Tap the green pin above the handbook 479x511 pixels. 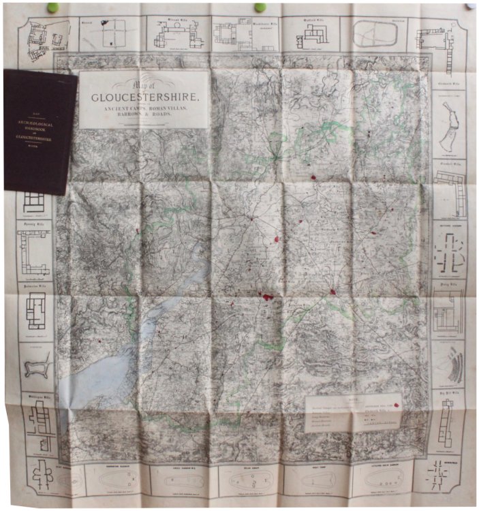(x=52, y=7)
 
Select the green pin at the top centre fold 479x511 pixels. (x=259, y=7)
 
